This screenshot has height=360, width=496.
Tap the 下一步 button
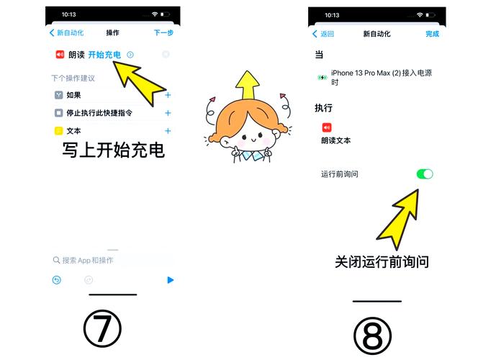click(163, 32)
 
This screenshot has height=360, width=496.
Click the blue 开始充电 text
click(104, 55)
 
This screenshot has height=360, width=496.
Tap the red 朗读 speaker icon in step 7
click(60, 55)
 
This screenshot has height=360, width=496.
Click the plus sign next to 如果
click(168, 94)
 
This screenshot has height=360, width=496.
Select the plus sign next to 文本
click(168, 131)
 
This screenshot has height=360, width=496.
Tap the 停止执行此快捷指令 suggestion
click(99, 113)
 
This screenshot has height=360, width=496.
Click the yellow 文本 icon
click(58, 131)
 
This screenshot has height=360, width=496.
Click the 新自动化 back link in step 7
click(67, 32)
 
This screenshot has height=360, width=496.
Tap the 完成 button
click(432, 34)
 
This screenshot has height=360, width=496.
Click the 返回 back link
click(323, 34)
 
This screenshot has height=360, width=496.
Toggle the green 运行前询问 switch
click(425, 174)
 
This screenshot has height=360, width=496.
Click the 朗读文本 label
click(336, 140)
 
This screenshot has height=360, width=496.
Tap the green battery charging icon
click(323, 77)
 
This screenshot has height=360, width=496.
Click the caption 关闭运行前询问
click(382, 261)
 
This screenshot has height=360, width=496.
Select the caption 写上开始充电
click(113, 150)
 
